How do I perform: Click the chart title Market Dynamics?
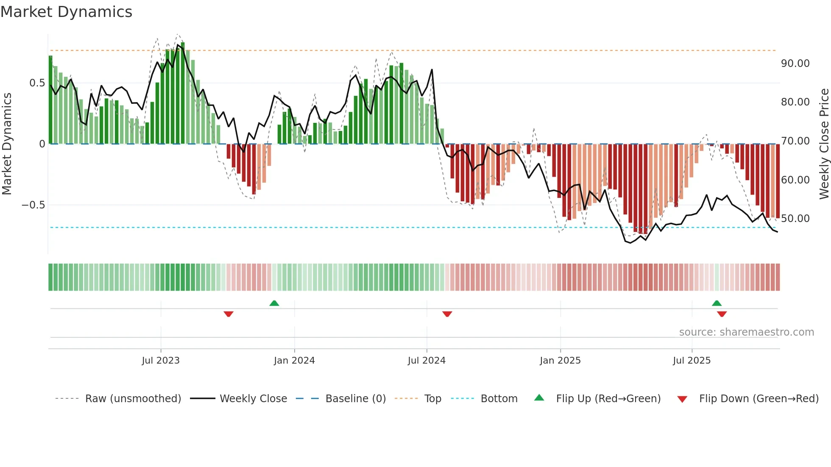point(67,12)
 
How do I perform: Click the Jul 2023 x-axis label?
point(161,361)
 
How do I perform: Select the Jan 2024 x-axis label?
point(294,361)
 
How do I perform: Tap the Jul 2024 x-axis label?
point(427,361)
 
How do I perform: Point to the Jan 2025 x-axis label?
point(560,361)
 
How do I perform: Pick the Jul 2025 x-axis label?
point(692,361)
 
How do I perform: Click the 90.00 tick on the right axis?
point(795,64)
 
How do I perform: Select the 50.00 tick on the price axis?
point(795,219)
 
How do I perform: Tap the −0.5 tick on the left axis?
point(33,205)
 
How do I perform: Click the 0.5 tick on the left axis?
point(37,83)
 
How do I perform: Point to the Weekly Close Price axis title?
point(824,144)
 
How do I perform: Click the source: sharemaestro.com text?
point(746,332)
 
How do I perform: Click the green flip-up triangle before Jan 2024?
point(274,303)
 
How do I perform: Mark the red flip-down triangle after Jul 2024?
point(447,314)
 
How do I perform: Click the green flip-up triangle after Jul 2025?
point(717,303)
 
